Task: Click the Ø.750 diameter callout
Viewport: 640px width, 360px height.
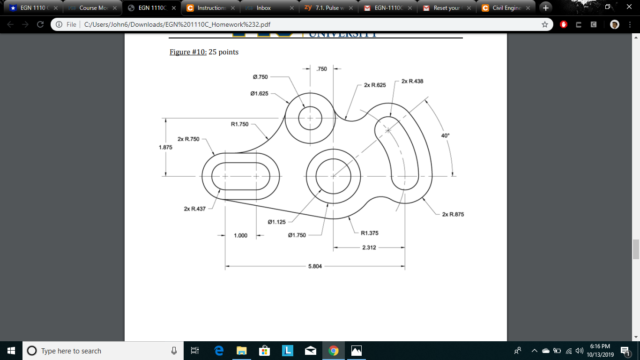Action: pyautogui.click(x=260, y=77)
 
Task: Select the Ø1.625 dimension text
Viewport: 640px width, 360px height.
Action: pyautogui.click(x=260, y=93)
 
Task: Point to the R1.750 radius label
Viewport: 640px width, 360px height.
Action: pyautogui.click(x=239, y=124)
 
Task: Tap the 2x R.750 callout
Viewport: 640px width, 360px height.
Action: pyautogui.click(x=188, y=139)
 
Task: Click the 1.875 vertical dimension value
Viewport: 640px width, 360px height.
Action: pyautogui.click(x=165, y=147)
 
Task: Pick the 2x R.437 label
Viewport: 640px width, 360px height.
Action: pyautogui.click(x=195, y=209)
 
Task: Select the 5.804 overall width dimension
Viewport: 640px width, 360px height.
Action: pyautogui.click(x=315, y=266)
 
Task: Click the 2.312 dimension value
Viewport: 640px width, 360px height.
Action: pyautogui.click(x=369, y=247)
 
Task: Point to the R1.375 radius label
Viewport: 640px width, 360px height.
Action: pyautogui.click(x=370, y=232)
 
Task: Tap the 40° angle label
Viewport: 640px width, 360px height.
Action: pyautogui.click(x=445, y=135)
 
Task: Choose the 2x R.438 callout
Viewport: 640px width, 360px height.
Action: pyautogui.click(x=412, y=81)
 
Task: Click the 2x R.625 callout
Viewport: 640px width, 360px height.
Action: pyautogui.click(x=375, y=85)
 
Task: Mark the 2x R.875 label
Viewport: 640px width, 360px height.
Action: pyautogui.click(x=453, y=214)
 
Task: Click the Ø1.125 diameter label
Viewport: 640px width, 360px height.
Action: pyautogui.click(x=276, y=222)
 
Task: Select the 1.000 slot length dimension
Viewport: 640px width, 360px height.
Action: pyautogui.click(x=240, y=235)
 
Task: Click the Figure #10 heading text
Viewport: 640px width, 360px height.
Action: pyautogui.click(x=188, y=52)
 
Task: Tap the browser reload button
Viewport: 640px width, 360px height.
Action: pyautogui.click(x=40, y=24)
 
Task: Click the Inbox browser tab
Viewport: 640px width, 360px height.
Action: pyautogui.click(x=263, y=8)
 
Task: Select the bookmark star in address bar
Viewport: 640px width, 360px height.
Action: pyautogui.click(x=544, y=24)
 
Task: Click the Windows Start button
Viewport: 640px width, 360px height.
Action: pyautogui.click(x=11, y=351)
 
